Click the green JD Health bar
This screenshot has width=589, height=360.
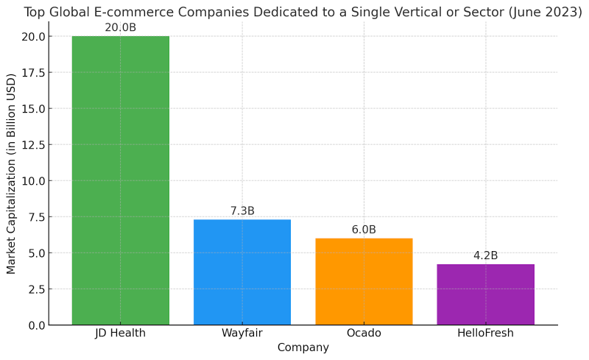[120, 180]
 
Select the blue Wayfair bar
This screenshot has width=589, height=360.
[242, 272]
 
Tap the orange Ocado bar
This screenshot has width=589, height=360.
[364, 281]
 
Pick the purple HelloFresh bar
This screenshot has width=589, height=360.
[485, 294]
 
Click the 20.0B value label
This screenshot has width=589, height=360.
[120, 28]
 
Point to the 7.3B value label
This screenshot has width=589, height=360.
[242, 211]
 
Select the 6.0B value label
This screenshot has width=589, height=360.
[364, 230]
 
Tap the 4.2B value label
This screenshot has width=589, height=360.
[485, 256]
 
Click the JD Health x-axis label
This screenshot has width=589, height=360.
[120, 333]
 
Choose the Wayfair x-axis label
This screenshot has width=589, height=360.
[242, 333]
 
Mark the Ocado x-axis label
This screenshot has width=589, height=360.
[364, 333]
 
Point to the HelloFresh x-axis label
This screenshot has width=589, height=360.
[485, 333]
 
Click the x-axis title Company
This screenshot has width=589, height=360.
[303, 347]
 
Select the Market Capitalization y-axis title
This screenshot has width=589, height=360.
[11, 174]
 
